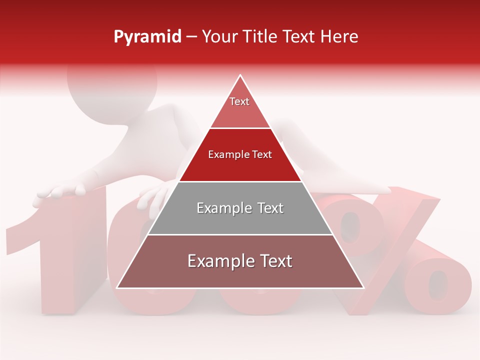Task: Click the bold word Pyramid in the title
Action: pos(147,37)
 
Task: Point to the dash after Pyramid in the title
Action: pos(191,37)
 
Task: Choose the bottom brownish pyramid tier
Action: pos(240,272)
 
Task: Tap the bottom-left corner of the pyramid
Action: pos(117,287)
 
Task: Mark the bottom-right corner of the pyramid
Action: pos(363,287)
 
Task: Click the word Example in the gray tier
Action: pos(223,208)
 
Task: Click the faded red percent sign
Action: pos(400,250)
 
